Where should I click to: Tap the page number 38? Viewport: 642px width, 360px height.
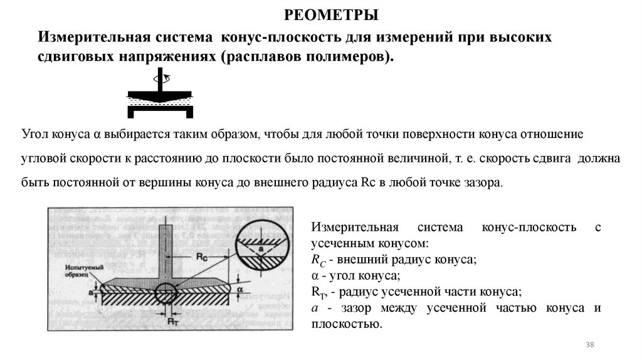[589, 346]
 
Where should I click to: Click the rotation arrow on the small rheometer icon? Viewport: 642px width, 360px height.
[162, 79]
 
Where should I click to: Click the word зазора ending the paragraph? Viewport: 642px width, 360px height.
[484, 184]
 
